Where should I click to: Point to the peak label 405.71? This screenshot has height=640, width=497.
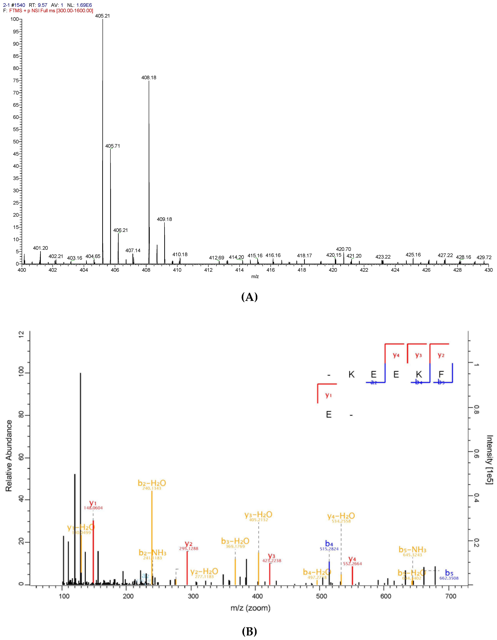pos(112,146)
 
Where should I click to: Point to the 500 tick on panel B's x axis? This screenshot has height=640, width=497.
pos(321,596)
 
